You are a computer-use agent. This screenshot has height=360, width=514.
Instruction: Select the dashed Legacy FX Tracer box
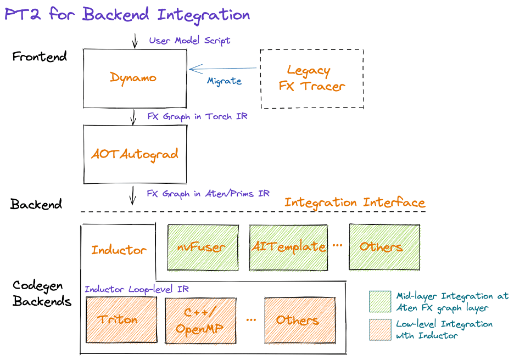pyautogui.click(x=311, y=78)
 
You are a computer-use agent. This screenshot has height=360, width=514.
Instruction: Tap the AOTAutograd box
pyautogui.click(x=135, y=154)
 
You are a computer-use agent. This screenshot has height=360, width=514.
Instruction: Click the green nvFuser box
pyautogui.click(x=201, y=246)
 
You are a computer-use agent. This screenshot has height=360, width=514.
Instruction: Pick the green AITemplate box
pyautogui.click(x=288, y=246)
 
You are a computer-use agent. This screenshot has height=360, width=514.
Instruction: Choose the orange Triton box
pyautogui.click(x=121, y=319)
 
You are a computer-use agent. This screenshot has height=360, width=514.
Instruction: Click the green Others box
pyautogui.click(x=384, y=246)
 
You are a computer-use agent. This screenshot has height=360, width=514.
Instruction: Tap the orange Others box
pyautogui.click(x=299, y=319)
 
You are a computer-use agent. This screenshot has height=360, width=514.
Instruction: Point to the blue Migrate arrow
pyautogui.click(x=222, y=69)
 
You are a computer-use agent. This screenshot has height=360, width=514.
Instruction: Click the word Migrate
pyautogui.click(x=224, y=81)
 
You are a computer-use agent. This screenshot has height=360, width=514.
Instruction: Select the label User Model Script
pyautogui.click(x=189, y=41)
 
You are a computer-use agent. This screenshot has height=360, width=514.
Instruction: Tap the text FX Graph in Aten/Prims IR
pyautogui.click(x=208, y=194)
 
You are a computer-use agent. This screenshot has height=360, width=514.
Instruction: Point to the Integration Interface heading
pyautogui.click(x=355, y=203)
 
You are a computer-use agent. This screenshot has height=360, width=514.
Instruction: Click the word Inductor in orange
pyautogui.click(x=119, y=250)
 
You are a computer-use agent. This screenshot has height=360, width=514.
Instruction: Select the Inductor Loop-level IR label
pyautogui.click(x=137, y=289)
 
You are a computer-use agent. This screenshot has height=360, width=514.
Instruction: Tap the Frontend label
pyautogui.click(x=40, y=57)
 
